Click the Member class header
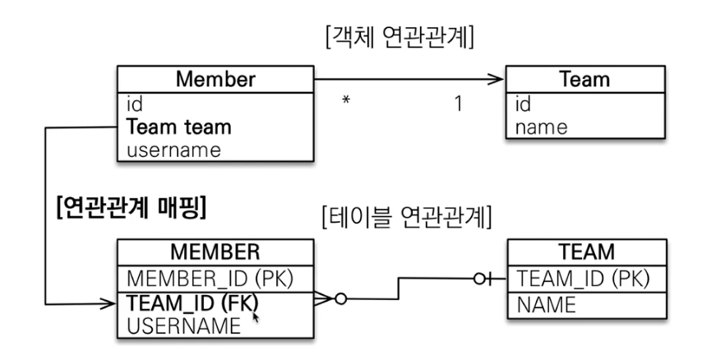coord(215,81)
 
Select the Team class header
coord(584,81)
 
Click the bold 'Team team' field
coord(178,127)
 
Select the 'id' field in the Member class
coord(135,104)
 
